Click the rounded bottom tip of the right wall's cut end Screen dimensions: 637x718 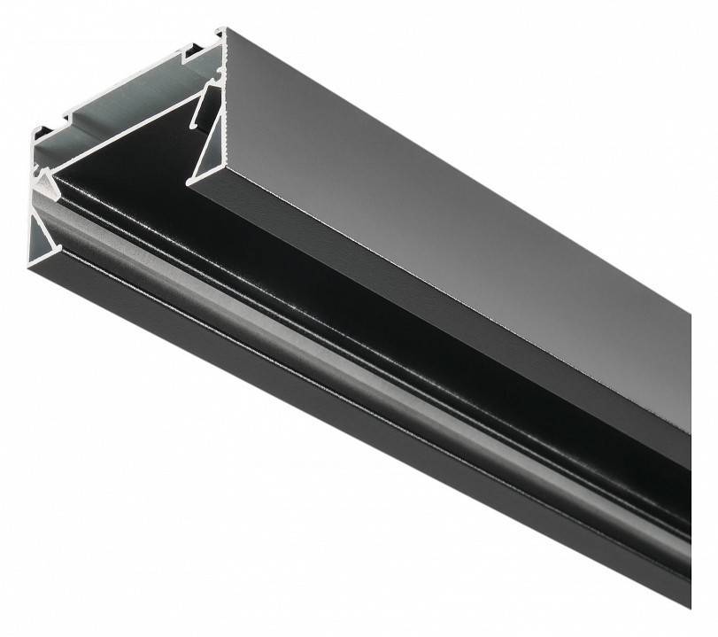[189, 182]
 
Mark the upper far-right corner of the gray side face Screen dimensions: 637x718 [690, 313]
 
